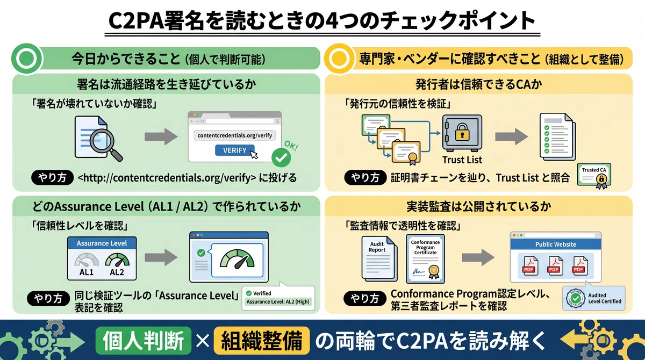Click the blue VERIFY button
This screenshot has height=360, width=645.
(x=235, y=150)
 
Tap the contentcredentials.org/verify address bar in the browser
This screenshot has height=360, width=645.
(x=235, y=135)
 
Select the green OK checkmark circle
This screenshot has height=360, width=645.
(x=281, y=157)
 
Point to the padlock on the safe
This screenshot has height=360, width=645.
(x=462, y=132)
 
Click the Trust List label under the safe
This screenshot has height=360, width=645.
(x=462, y=160)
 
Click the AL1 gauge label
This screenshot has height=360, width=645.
(x=87, y=272)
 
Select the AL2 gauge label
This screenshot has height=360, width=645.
(x=117, y=272)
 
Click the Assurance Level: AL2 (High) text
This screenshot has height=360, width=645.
(x=278, y=301)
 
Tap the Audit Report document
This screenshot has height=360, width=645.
(x=379, y=258)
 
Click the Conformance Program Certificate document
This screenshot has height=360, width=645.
(x=425, y=258)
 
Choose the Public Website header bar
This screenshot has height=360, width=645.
(x=556, y=244)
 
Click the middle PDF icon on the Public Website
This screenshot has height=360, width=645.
(x=555, y=265)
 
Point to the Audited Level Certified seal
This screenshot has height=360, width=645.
(x=576, y=298)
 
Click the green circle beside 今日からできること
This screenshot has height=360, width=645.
(x=27, y=59)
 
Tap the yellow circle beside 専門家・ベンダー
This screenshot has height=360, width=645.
(x=339, y=59)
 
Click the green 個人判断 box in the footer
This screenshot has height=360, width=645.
(x=144, y=341)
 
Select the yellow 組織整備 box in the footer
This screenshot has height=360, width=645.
(x=262, y=341)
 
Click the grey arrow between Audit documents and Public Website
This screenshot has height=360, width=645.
(x=478, y=257)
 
